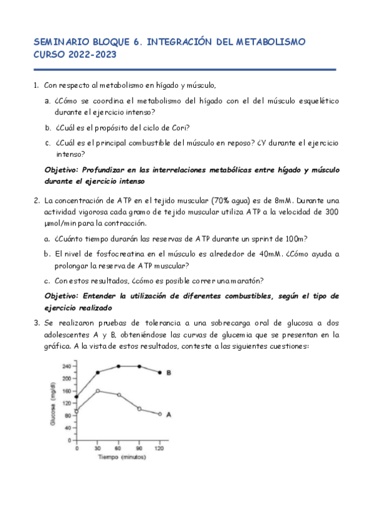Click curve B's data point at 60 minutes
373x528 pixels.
coord(118,366)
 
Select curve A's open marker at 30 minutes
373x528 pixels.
coord(98,391)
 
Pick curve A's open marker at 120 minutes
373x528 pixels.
coord(159,414)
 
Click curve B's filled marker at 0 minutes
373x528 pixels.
coord(77,397)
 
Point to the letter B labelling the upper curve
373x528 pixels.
coord(168,372)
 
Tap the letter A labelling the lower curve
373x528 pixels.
coord(168,414)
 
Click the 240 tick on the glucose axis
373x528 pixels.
coord(66,366)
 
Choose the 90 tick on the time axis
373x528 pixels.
coord(139,448)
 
